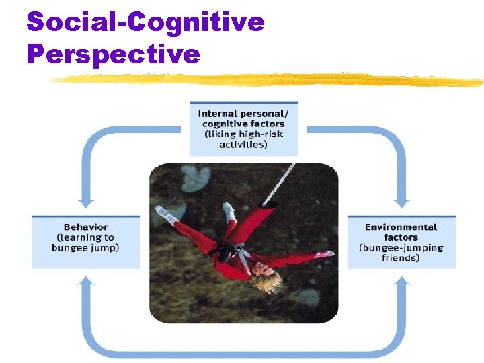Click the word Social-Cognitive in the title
click(145, 22)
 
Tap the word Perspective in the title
click(113, 53)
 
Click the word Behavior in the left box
click(85, 227)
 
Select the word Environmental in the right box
click(401, 227)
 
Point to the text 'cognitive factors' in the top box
click(243, 124)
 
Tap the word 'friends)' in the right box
click(401, 257)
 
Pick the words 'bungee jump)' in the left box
click(85, 247)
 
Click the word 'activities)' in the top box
click(243, 144)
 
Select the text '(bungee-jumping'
click(401, 247)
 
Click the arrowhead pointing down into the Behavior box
click(85, 202)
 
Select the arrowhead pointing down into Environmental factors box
click(402, 202)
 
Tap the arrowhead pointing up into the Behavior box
click(85, 280)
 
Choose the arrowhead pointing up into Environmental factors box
click(402, 280)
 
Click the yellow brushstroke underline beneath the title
click(269, 80)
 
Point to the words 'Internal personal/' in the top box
click(243, 114)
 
